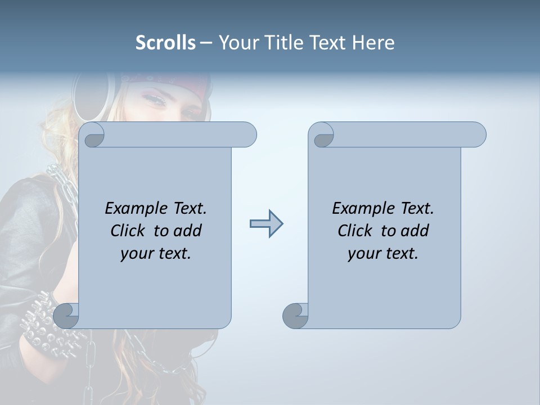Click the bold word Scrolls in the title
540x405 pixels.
[x=165, y=43]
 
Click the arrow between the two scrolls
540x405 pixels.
[x=266, y=224]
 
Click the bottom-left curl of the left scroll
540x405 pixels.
[x=66, y=316]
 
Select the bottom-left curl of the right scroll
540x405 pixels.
[x=295, y=316]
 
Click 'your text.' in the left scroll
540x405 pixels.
[x=156, y=254]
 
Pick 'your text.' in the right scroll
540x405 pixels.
[x=383, y=254]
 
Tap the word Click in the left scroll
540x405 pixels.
[x=129, y=231]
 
